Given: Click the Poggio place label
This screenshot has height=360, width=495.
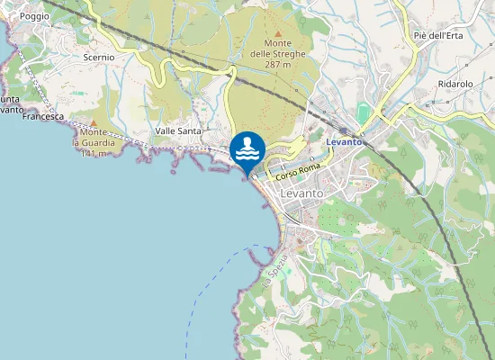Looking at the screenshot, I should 34,16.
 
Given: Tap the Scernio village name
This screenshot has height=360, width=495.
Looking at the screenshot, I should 98,57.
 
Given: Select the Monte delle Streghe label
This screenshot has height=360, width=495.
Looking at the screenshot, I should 278,49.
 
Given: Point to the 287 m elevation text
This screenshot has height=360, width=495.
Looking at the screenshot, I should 277,65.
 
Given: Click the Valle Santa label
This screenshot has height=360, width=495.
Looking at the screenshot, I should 177,130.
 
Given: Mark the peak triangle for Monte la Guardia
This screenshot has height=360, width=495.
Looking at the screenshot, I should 93,122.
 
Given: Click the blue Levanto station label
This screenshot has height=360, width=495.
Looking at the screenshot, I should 344,142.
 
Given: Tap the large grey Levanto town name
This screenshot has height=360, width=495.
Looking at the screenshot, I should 308,193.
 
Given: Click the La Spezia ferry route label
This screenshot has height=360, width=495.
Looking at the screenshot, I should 267,277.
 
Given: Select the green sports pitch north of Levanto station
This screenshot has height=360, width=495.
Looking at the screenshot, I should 363,114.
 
